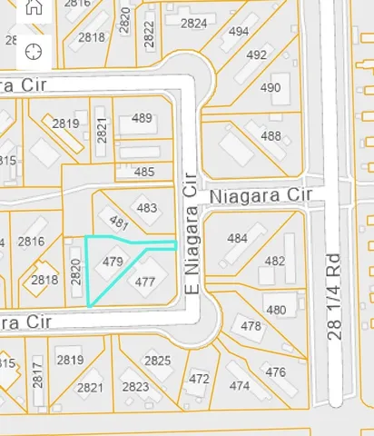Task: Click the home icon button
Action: [34, 7]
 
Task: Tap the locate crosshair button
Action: [34, 50]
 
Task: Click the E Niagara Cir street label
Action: [191, 234]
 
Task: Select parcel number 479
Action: [113, 262]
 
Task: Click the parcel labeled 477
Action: [144, 282]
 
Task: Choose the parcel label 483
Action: [146, 208]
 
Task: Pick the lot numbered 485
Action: [143, 172]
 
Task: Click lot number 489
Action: [142, 118]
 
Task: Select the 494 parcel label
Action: [239, 32]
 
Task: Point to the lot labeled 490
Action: [271, 88]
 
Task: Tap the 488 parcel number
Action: [271, 135]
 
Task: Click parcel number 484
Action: [237, 238]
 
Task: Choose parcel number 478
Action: [251, 325]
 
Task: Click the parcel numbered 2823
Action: [135, 387]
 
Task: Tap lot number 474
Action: [240, 386]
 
